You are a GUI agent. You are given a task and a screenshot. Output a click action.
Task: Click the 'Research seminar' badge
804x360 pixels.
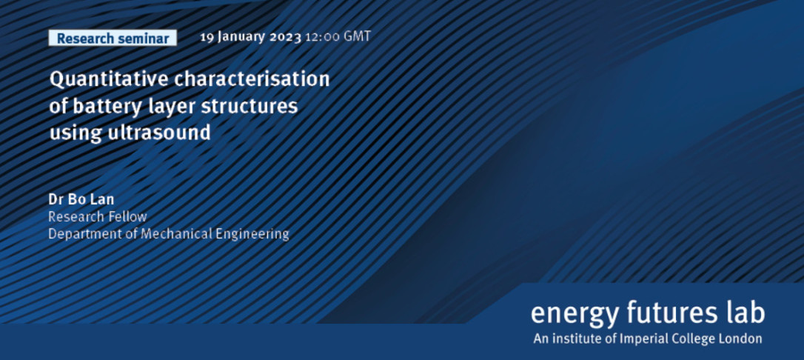pyautogui.click(x=113, y=38)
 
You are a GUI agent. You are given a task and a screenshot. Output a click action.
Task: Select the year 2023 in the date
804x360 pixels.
pyautogui.click(x=286, y=38)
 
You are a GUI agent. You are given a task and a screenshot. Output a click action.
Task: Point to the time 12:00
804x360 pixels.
pyautogui.click(x=321, y=38)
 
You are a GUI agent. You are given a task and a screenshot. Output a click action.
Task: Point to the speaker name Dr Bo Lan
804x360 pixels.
pyautogui.click(x=81, y=200)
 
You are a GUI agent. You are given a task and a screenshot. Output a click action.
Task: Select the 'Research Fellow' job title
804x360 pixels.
pyautogui.click(x=98, y=217)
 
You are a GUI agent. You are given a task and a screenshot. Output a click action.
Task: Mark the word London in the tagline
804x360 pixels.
pyautogui.click(x=743, y=339)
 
